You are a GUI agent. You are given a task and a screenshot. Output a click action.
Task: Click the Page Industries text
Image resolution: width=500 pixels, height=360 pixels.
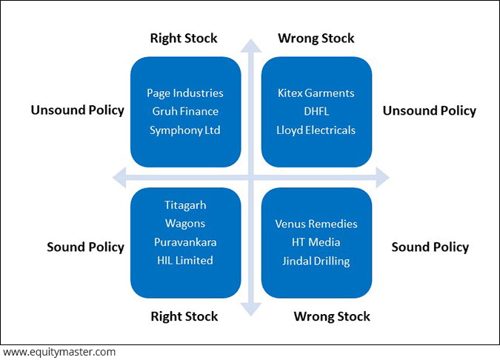[x=185, y=93]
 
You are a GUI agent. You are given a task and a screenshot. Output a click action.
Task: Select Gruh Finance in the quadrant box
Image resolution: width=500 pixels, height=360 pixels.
[x=185, y=111]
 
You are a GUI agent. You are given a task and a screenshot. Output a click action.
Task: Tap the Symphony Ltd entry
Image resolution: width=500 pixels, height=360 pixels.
[x=185, y=130]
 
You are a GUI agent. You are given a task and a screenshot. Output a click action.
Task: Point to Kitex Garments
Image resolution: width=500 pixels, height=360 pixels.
[x=316, y=93]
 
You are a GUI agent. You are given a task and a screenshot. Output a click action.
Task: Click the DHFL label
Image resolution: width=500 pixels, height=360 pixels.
[x=316, y=111]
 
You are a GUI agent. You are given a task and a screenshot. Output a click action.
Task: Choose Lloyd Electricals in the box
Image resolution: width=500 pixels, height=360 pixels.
[x=316, y=130]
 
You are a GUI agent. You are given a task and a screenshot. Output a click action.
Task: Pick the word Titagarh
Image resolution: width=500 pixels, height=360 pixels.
[x=185, y=205]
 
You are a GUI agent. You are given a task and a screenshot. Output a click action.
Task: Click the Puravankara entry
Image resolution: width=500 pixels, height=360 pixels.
[x=185, y=242]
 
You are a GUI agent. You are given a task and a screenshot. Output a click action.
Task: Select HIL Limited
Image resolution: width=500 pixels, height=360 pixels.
[x=185, y=261]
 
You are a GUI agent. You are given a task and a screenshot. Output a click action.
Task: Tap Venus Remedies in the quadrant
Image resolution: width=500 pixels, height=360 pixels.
[x=316, y=224]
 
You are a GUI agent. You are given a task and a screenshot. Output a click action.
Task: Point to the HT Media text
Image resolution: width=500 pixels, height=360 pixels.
[x=316, y=242]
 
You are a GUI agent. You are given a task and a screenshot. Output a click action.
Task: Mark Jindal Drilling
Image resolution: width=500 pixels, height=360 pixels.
[x=316, y=261]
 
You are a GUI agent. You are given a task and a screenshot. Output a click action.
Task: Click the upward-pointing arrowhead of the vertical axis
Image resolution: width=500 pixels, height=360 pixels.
[x=251, y=46]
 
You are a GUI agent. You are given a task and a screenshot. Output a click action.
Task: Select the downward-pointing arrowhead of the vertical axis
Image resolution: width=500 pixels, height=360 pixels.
[x=251, y=310]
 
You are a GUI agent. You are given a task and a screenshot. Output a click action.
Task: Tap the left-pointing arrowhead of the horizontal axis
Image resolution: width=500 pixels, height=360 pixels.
[x=119, y=177]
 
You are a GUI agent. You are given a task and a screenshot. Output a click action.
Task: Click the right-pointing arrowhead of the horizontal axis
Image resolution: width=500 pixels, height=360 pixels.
[x=383, y=177]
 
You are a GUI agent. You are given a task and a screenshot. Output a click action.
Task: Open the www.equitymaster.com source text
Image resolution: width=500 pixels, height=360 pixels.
[x=59, y=353]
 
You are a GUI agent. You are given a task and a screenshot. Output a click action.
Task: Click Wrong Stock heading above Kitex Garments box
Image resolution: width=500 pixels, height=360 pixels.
[x=316, y=39]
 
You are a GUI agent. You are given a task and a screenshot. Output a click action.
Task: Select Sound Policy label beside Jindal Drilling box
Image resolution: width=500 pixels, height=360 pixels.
[x=430, y=247]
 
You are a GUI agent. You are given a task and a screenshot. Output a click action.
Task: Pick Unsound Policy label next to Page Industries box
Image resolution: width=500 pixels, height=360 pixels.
[x=78, y=110]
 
